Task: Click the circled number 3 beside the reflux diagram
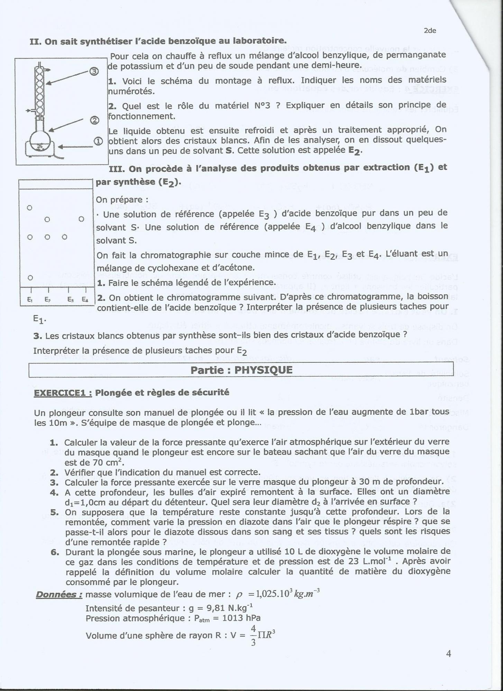94,72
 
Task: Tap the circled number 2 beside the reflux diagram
94,120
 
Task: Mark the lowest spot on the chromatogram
30,277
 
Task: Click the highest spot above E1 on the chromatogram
30,208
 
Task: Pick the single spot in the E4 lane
81,219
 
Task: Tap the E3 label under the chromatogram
70,300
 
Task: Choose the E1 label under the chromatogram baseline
30,300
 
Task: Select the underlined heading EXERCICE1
63,393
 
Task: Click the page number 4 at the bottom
448,654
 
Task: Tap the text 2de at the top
430,31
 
